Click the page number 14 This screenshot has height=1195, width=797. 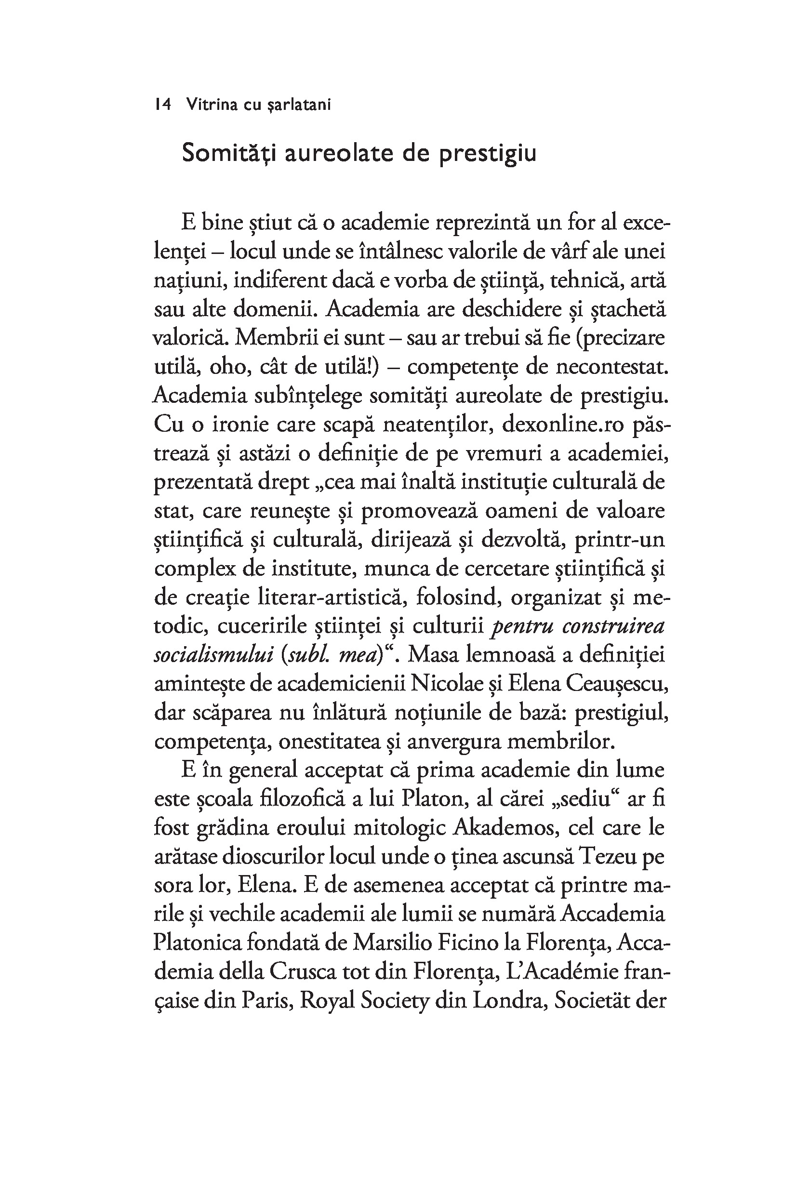point(163,105)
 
